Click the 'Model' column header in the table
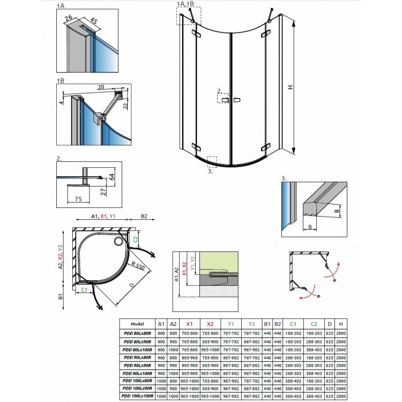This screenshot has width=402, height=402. pos(138,324)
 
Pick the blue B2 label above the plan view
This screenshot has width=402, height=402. pos(143,217)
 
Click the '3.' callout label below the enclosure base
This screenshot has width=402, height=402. pos(210,172)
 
